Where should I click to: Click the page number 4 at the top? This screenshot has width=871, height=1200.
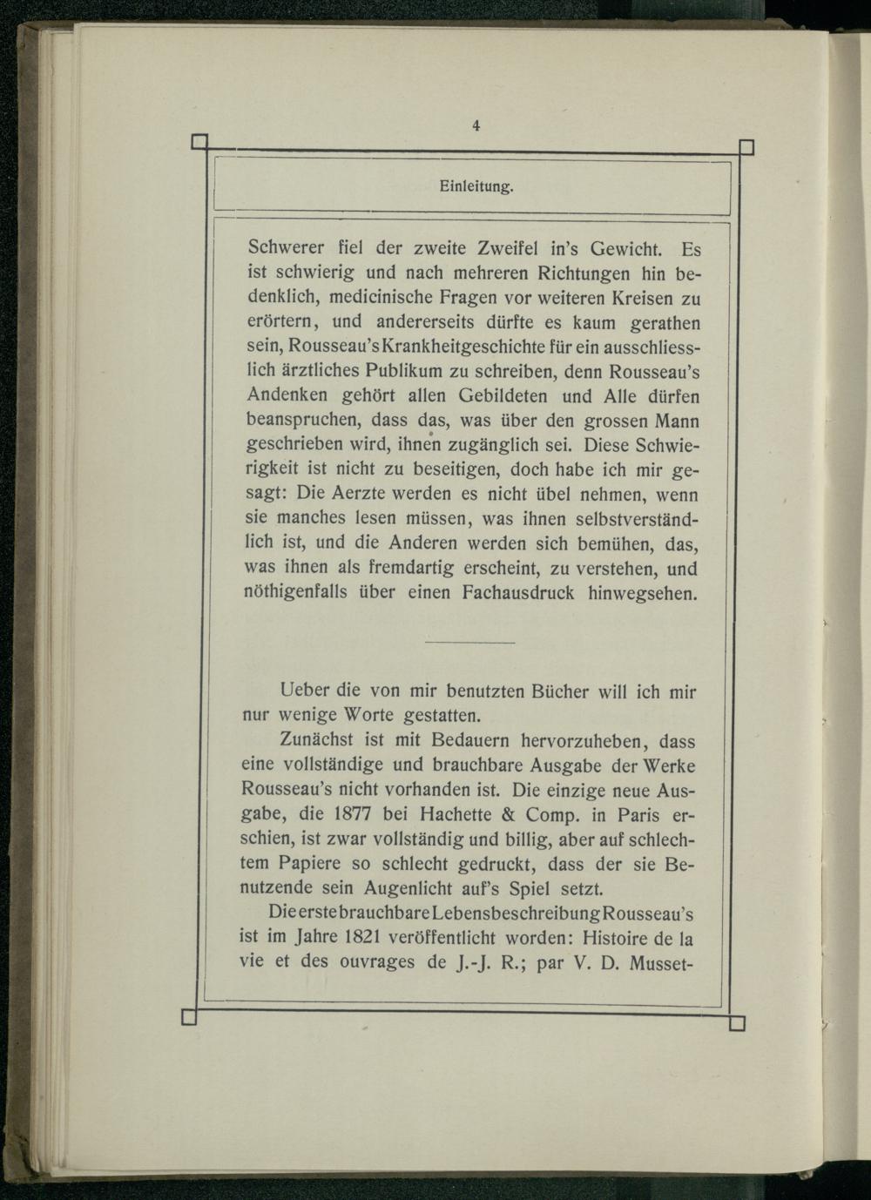[476, 125]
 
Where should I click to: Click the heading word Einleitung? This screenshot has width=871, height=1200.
[476, 186]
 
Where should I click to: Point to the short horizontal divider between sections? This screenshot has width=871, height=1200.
[470, 643]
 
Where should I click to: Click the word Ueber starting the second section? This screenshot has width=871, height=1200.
[305, 692]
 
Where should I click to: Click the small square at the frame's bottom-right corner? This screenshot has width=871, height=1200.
[737, 1022]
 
